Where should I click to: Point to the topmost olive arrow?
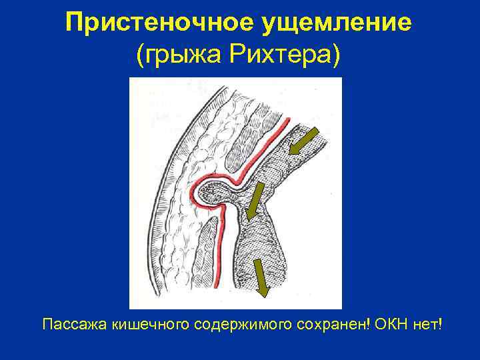click(x=304, y=143)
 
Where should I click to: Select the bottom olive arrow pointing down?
click(x=261, y=277)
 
